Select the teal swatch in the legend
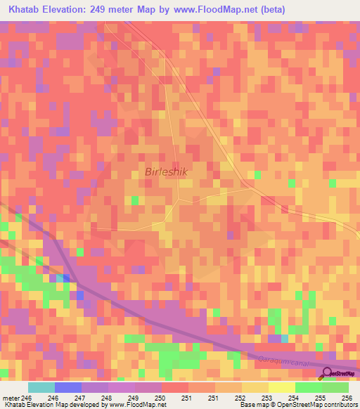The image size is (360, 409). pos(41,388)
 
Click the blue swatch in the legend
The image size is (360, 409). pos(68,388)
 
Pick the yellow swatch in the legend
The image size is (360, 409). pos(282,388)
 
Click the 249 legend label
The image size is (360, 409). pos(134,398)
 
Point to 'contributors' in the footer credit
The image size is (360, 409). pos(339,405)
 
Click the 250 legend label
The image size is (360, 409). pos(160,398)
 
